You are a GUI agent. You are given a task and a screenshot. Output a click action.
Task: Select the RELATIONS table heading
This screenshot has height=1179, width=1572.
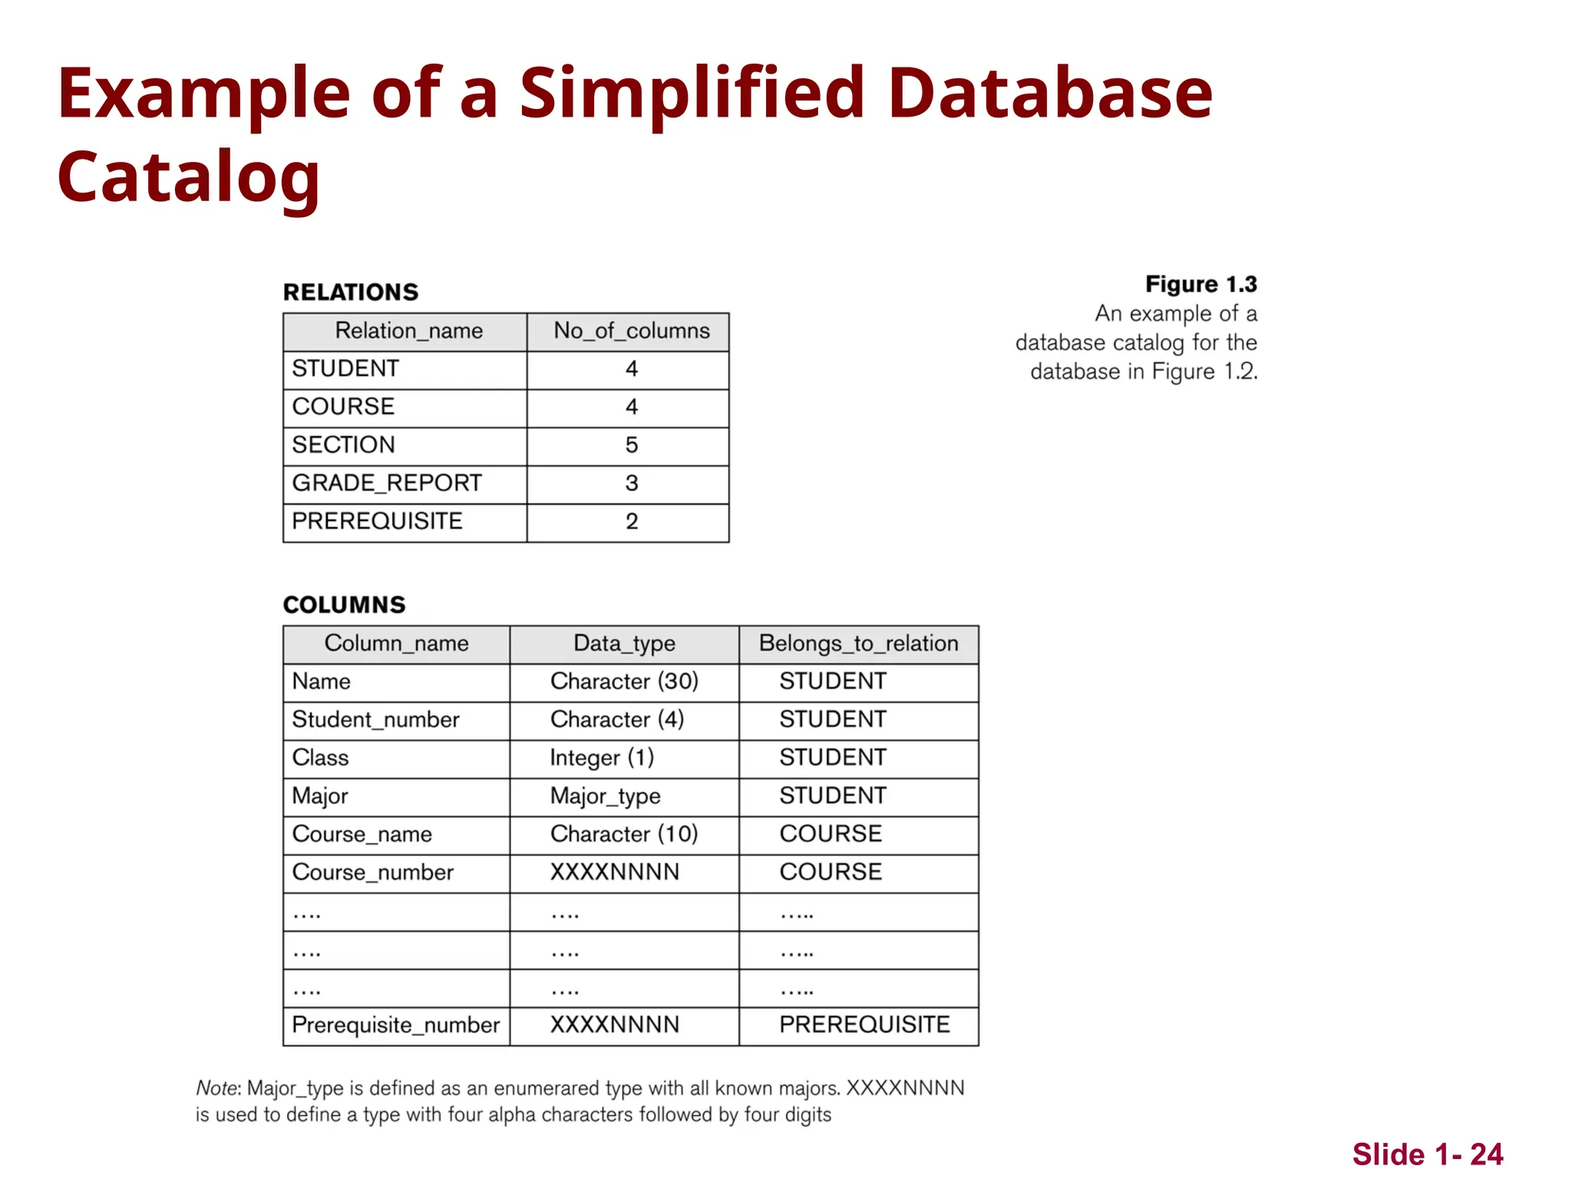click(x=351, y=292)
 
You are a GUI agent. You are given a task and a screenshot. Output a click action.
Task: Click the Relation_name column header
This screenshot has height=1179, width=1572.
click(x=408, y=331)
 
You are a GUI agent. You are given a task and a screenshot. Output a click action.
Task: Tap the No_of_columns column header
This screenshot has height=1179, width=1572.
click(x=631, y=331)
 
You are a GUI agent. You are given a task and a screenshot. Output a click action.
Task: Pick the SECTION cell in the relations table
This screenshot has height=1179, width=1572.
click(x=343, y=445)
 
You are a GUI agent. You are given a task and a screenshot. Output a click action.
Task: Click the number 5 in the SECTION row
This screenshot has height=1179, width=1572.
click(x=631, y=445)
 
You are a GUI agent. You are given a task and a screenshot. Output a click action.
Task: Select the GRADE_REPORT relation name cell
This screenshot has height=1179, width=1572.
click(x=387, y=484)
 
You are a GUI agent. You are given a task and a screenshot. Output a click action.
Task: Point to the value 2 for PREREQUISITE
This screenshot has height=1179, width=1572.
click(x=631, y=522)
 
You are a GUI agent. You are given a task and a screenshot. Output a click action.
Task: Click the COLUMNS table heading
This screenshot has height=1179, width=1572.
click(x=344, y=605)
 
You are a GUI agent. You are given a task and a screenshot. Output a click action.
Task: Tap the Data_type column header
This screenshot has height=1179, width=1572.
click(x=624, y=643)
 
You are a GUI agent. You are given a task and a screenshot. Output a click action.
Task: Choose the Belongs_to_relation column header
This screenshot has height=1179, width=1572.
click(x=858, y=643)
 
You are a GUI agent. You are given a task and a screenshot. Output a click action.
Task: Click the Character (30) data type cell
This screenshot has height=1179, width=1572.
click(x=624, y=682)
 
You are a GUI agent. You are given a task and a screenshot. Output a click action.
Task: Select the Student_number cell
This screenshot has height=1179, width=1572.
click(x=375, y=720)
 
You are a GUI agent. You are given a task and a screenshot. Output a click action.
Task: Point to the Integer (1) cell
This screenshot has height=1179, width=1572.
click(x=602, y=758)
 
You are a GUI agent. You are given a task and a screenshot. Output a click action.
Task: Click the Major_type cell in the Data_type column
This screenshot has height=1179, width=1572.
click(x=605, y=796)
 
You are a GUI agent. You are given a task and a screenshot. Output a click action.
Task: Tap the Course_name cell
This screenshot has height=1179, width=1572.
click(x=362, y=834)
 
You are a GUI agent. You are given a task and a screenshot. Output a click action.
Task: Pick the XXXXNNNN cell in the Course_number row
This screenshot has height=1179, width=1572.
click(x=615, y=873)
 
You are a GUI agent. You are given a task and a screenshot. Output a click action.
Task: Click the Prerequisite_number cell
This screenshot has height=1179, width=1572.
click(x=395, y=1025)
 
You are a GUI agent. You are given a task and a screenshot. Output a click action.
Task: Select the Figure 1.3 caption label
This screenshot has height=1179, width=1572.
click(x=1200, y=284)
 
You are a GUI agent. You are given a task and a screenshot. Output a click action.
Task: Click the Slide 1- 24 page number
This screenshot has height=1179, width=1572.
click(x=1427, y=1154)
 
